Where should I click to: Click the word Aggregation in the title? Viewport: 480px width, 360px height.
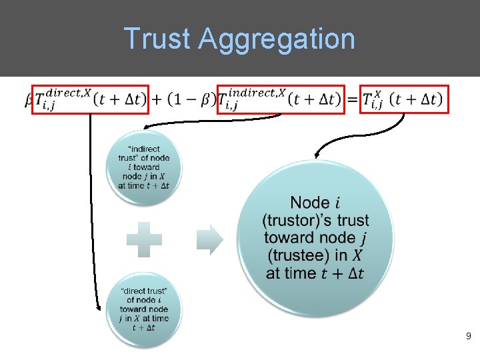point(277,39)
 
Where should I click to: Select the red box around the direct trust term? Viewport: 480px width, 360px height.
point(91,99)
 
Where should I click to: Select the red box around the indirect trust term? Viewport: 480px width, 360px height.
point(281,99)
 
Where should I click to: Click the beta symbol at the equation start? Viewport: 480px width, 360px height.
point(29,100)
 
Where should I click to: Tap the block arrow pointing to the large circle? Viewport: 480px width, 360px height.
point(210,239)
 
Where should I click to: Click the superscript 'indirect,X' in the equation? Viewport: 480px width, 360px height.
point(256,93)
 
